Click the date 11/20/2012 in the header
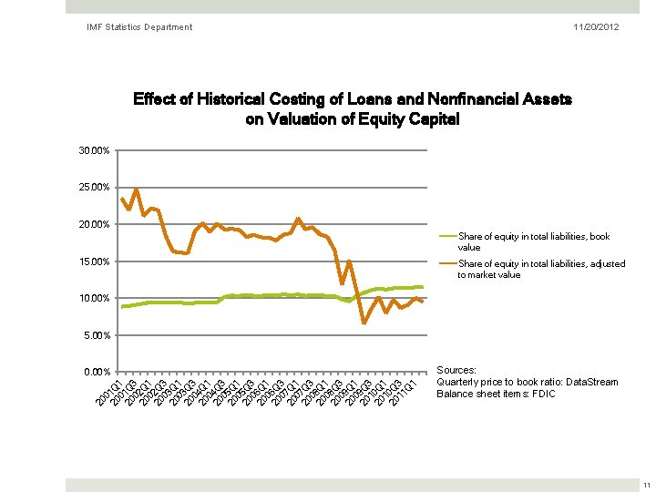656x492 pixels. [x=596, y=27]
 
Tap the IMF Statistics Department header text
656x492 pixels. [x=139, y=27]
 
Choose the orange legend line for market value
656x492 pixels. [x=446, y=264]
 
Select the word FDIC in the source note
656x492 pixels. [x=542, y=394]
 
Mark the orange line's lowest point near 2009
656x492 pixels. [x=364, y=323]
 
